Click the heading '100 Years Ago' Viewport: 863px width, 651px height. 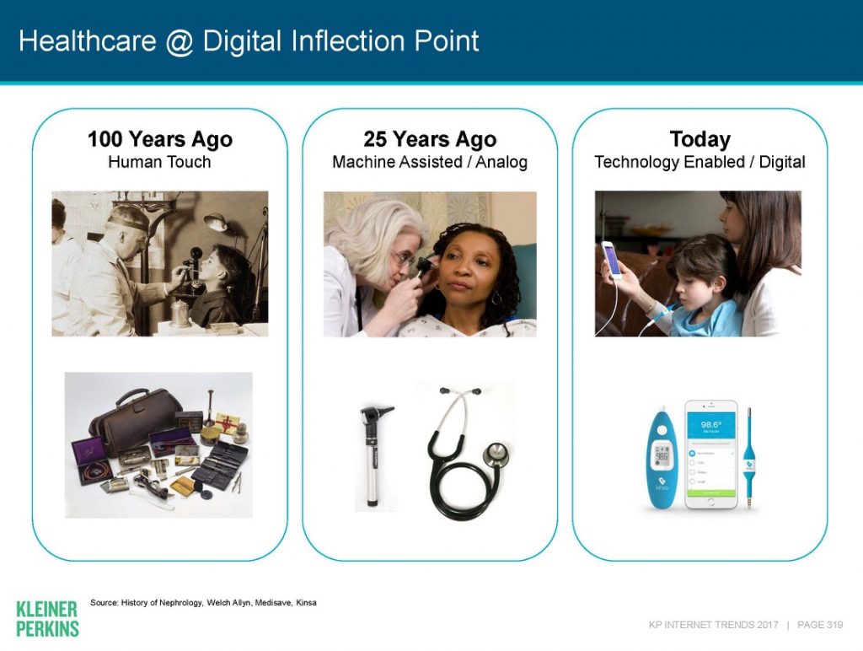coord(159,139)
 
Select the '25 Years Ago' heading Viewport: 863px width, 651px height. coord(430,139)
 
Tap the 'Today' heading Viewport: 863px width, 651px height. coord(700,139)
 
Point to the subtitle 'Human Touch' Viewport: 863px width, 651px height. coord(159,162)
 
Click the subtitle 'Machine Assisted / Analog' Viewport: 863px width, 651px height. coord(430,162)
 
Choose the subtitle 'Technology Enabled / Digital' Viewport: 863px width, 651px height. coord(700,162)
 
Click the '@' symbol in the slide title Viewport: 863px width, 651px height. coord(180,40)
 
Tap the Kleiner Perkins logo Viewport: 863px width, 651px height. coord(47,618)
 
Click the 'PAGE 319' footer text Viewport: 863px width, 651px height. coord(820,625)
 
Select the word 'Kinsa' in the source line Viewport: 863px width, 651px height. coord(306,603)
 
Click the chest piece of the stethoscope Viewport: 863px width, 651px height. coord(496,456)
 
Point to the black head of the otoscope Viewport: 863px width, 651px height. coord(371,417)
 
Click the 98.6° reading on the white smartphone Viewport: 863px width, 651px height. coord(710,425)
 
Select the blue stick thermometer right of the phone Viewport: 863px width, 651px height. coord(749,455)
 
